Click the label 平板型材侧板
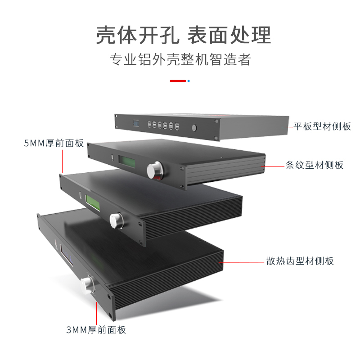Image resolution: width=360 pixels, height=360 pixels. pyautogui.click(x=322, y=126)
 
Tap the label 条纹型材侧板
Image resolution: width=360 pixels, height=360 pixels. pyautogui.click(x=314, y=165)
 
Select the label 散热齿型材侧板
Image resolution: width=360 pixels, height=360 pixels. pyautogui.click(x=300, y=261)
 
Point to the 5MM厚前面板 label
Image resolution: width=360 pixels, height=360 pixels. pyautogui.click(x=54, y=144)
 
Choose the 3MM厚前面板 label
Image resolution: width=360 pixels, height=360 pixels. pyautogui.click(x=96, y=330)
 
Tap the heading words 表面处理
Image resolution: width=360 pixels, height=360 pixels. pyautogui.click(x=229, y=35)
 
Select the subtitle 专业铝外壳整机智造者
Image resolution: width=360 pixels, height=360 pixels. pyautogui.click(x=180, y=60)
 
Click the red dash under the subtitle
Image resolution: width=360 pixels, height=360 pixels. pyautogui.click(x=178, y=81)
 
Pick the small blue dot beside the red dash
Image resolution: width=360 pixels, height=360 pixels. pyautogui.click(x=189, y=81)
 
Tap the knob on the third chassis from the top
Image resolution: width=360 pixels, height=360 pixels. pyautogui.click(x=116, y=220)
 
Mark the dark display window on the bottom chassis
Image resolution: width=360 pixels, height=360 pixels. pyautogui.click(x=67, y=257)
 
